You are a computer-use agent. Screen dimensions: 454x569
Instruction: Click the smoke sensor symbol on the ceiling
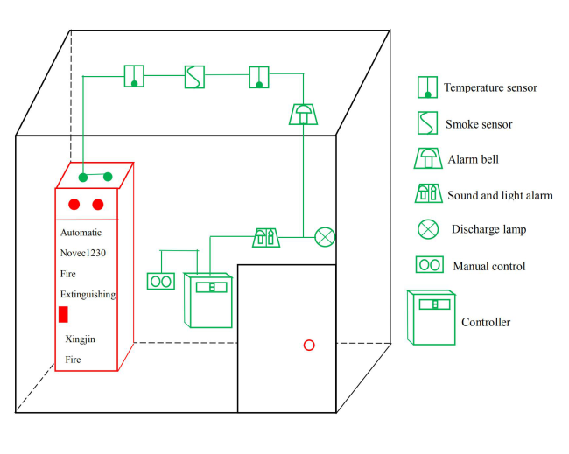tap(194, 76)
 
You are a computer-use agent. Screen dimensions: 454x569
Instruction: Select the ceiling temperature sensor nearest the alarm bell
tap(259, 77)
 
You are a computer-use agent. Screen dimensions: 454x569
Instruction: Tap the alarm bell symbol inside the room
tap(301, 114)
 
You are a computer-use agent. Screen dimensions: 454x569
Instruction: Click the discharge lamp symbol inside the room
tap(325, 236)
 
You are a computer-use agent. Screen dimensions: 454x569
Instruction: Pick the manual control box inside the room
tap(161, 281)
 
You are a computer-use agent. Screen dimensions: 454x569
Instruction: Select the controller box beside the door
tap(209, 299)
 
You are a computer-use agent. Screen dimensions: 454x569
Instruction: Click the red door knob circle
tap(309, 345)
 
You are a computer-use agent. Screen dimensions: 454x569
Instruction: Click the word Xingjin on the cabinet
tap(83, 338)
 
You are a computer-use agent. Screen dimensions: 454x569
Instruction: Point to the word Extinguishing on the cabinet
tap(88, 295)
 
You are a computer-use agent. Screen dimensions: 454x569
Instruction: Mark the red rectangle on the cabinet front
tap(63, 315)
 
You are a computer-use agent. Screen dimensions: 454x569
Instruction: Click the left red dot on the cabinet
tap(74, 205)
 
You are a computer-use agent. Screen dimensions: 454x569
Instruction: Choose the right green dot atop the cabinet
tap(108, 177)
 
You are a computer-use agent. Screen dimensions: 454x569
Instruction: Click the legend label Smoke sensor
tap(479, 124)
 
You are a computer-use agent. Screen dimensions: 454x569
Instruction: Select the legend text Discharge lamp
tap(488, 229)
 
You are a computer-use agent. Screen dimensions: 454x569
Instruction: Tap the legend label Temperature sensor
tap(490, 87)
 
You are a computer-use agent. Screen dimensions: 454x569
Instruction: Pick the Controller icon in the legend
tap(432, 317)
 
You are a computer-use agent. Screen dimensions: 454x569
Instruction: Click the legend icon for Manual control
tap(429, 264)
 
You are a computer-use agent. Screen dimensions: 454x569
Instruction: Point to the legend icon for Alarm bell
tap(428, 158)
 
